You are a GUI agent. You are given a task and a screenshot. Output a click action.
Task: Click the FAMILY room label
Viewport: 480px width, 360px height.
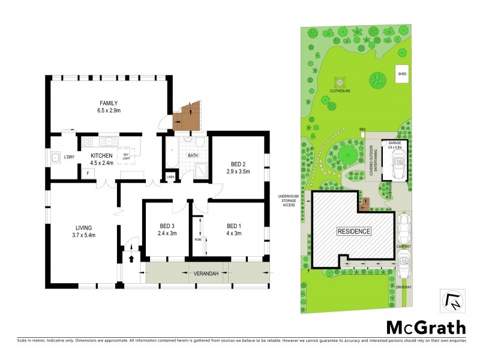point(109,103)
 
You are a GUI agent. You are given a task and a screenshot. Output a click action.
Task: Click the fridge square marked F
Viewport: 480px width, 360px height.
point(87,173)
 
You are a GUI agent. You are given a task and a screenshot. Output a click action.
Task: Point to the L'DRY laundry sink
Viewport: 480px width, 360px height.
point(55,158)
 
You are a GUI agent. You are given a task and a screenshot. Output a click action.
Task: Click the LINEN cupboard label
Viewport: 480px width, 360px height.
point(170,176)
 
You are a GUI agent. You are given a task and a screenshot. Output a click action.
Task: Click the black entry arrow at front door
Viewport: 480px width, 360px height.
point(131,259)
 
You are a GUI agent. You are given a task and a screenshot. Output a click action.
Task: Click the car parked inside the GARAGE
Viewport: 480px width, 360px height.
point(397,164)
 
